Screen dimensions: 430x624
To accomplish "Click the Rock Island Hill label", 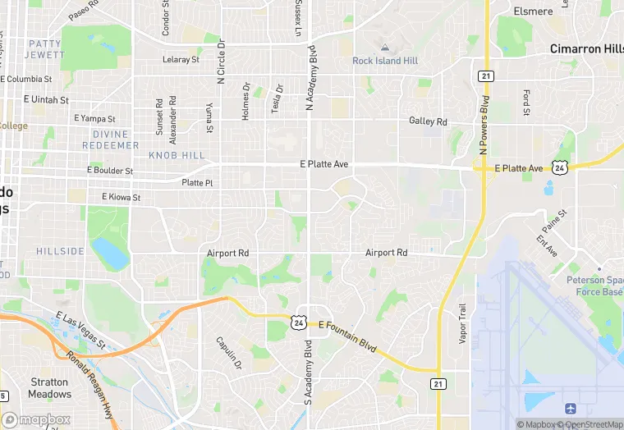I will [385, 61].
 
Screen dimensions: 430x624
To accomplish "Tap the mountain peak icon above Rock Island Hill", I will [385, 47].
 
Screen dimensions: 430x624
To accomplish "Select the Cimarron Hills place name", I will [586, 48].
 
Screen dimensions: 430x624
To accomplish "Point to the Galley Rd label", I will [429, 121].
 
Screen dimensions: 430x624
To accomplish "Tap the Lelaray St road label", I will [181, 60].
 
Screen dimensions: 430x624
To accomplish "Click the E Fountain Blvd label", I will [347, 336].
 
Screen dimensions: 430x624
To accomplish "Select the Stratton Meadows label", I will [49, 387].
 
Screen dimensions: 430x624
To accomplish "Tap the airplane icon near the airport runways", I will [571, 408].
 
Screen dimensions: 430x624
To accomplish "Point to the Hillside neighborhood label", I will [60, 250].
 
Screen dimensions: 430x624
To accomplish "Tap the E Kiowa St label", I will [121, 197].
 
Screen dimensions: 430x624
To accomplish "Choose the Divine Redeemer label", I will [111, 140].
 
